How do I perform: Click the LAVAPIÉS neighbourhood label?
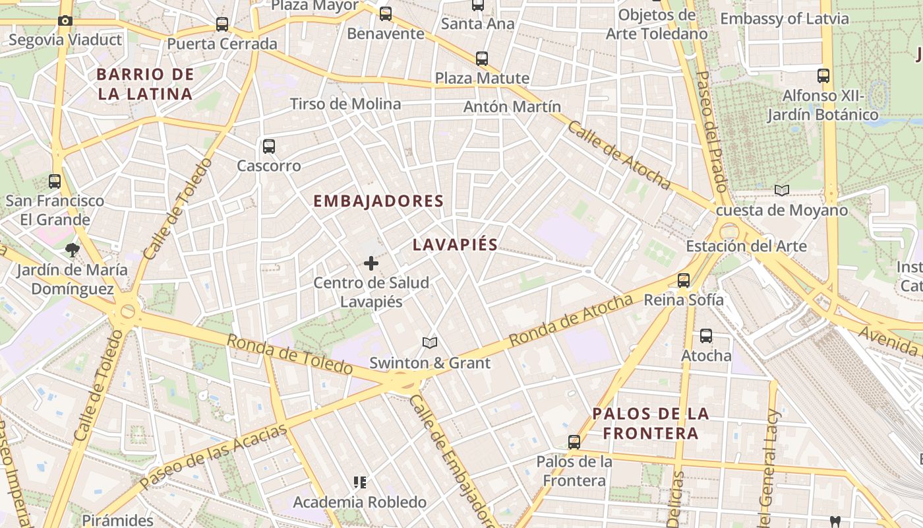tap(455, 245)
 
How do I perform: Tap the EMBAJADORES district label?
tap(378, 201)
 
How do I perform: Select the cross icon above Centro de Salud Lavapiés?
tap(371, 264)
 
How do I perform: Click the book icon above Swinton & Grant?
tap(430, 343)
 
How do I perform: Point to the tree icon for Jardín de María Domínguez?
tap(72, 250)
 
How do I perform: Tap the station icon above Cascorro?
tap(268, 147)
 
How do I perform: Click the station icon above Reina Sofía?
tap(684, 280)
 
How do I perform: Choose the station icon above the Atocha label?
tap(706, 336)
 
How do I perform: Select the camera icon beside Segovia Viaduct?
tap(65, 20)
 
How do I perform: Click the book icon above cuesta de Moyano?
tap(782, 191)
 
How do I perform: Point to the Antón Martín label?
tap(512, 106)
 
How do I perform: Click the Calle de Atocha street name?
tap(618, 156)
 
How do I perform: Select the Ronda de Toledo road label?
tap(289, 354)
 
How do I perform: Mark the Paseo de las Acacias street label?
tap(214, 455)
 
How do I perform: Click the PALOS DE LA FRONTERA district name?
tap(651, 424)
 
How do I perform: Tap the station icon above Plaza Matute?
tap(482, 58)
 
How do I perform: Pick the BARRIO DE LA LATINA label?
tap(145, 84)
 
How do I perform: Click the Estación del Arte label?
tap(746, 246)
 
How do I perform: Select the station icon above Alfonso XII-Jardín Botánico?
tap(823, 76)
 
